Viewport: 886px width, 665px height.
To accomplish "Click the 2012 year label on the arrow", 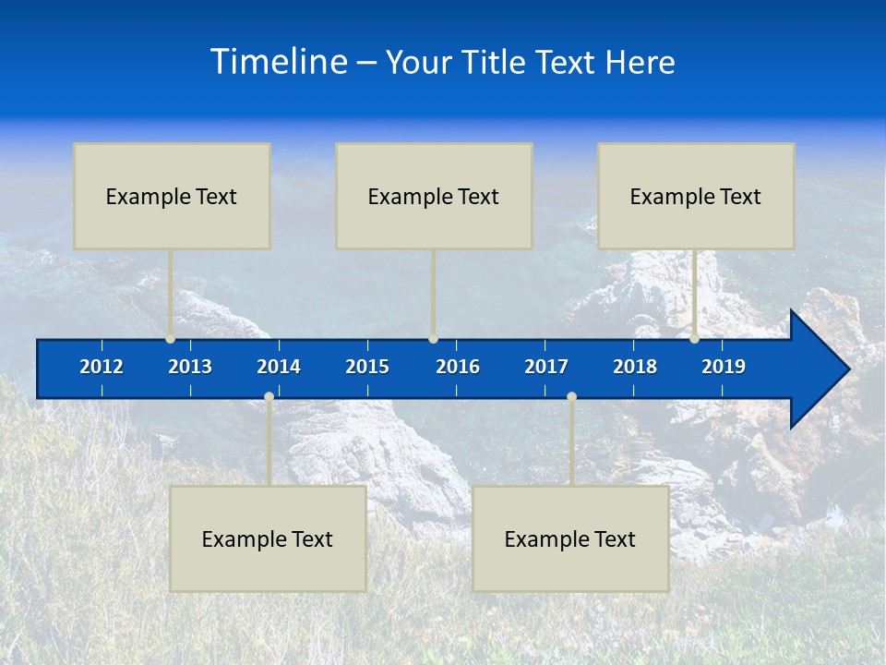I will point(102,367).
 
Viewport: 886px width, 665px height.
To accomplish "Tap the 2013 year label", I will point(190,367).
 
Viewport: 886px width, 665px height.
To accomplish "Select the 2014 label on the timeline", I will point(279,367).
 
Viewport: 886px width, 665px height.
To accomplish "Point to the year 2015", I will point(367,367).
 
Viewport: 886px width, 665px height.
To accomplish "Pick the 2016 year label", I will point(458,367).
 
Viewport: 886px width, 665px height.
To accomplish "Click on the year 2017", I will point(546,367).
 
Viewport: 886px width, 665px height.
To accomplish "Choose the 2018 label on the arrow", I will point(635,367).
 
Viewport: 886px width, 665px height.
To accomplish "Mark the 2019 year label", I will point(724,367).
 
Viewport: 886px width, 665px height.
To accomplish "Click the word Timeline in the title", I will point(279,62).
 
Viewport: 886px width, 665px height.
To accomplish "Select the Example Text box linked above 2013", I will point(172,196).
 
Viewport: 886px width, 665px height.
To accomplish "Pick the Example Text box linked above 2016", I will point(434,196).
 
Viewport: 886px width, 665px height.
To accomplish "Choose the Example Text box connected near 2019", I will point(696,196).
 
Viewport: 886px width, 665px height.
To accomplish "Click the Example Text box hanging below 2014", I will point(268,538).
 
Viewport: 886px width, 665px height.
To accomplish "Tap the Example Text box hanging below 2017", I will point(570,538).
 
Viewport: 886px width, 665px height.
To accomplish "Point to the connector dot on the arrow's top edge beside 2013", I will point(171,339).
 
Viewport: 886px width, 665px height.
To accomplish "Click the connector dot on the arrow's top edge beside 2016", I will point(433,339).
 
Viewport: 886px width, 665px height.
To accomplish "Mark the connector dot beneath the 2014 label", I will point(269,397).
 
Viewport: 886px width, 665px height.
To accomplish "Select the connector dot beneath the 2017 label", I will point(571,397).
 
